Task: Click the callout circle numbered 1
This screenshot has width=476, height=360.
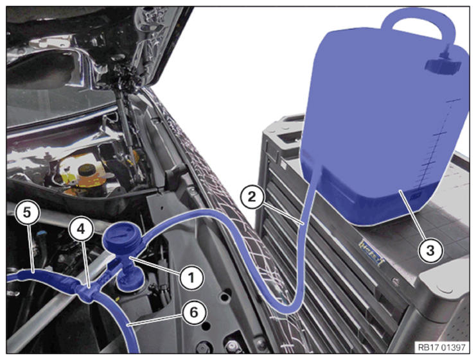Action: [x=191, y=277]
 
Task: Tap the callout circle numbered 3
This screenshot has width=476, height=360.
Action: [x=430, y=251]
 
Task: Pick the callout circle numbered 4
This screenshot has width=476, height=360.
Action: [x=81, y=229]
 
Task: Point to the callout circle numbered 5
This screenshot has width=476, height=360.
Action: [x=28, y=212]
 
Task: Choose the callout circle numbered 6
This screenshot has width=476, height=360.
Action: [x=194, y=313]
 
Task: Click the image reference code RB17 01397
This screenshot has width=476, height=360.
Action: [x=441, y=347]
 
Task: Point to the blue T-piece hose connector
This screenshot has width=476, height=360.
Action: [x=87, y=292]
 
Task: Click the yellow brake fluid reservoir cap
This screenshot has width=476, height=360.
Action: [x=87, y=169]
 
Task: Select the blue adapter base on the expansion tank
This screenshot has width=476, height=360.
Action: [x=130, y=280]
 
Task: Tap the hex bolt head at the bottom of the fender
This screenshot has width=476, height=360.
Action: [x=233, y=346]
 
